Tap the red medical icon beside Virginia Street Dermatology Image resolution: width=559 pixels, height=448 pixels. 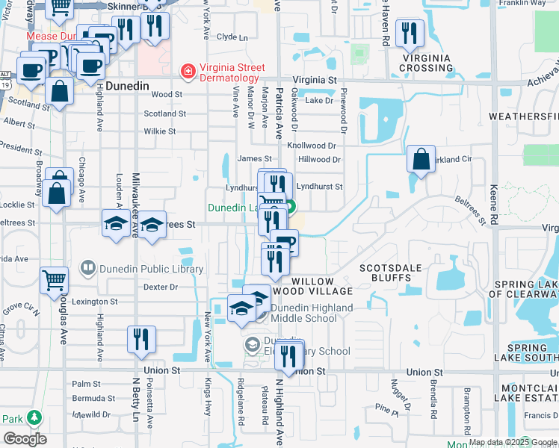pos(188,72)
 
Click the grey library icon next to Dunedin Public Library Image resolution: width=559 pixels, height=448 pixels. pos(88,268)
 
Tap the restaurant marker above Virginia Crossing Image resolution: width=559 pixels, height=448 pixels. pos(410,33)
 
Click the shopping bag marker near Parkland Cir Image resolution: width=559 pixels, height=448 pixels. pos(421,159)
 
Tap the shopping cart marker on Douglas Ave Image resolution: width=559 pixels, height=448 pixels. pos(54,281)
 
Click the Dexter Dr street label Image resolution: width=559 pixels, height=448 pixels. pos(160,287)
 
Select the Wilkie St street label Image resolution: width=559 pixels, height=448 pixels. pos(159,131)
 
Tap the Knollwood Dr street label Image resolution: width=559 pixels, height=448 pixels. pos(317,146)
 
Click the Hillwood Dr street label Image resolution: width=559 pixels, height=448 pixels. pos(319,160)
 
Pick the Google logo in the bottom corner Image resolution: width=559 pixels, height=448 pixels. pos(25,439)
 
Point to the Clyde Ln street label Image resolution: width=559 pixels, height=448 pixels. pos(232,37)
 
